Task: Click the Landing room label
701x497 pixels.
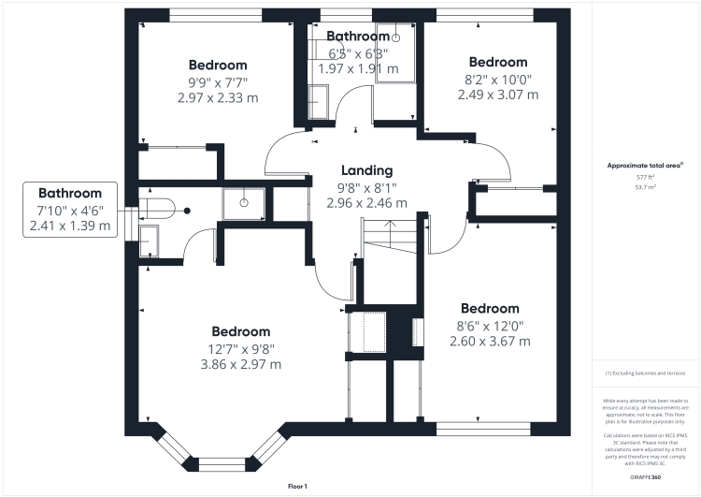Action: (366, 170)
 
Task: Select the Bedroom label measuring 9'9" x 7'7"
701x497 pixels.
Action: (218, 65)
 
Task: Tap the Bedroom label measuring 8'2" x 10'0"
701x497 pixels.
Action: (497, 62)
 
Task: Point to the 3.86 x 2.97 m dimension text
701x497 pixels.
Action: (240, 365)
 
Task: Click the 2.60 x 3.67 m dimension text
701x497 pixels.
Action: (490, 342)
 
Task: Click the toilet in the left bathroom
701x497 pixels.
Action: (160, 210)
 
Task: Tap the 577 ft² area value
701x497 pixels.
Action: (646, 176)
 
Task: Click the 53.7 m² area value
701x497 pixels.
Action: (646, 187)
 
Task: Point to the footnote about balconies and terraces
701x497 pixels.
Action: (646, 373)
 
